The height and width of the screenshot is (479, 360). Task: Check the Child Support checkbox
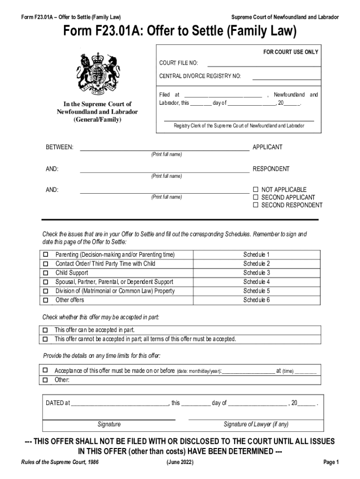[46, 273]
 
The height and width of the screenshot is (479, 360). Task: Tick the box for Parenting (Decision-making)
[46, 255]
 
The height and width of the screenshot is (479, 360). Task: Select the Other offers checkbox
[46, 300]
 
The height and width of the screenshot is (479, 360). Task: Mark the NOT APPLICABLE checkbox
[256, 189]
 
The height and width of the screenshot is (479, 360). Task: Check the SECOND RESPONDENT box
[256, 205]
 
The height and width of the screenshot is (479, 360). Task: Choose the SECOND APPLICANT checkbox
[256, 197]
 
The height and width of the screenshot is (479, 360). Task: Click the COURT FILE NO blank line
[264, 65]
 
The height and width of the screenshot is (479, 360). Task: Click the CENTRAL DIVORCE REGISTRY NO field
[286, 78]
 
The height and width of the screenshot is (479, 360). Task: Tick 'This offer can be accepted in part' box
[46, 330]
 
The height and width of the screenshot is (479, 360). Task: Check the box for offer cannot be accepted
[46, 339]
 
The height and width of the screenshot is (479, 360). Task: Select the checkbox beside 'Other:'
[46, 380]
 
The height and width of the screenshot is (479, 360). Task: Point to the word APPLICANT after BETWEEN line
[267, 147]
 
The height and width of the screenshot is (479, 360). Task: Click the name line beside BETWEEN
[165, 150]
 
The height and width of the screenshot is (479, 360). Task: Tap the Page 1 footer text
[331, 462]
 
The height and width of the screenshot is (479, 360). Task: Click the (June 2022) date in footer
[180, 462]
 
